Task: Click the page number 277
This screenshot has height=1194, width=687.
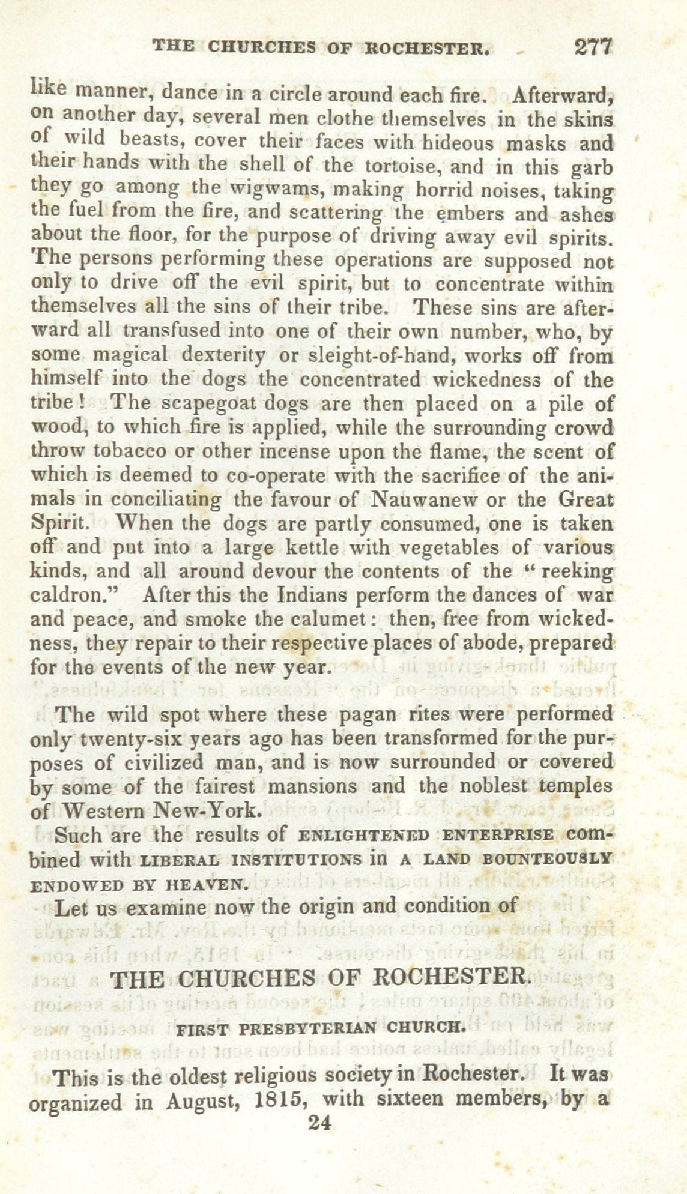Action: (x=592, y=47)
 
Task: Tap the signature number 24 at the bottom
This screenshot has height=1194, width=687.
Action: (x=319, y=1123)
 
